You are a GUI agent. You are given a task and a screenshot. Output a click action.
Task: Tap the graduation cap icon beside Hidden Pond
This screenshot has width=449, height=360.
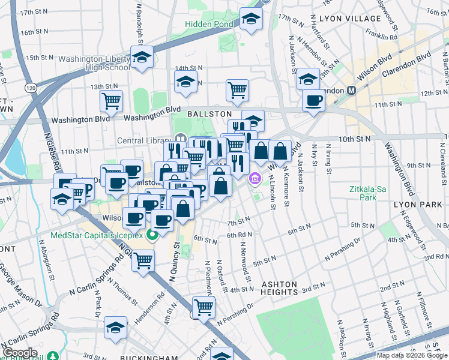(251, 19)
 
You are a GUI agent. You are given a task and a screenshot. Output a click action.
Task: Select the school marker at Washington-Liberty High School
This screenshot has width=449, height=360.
(142, 59)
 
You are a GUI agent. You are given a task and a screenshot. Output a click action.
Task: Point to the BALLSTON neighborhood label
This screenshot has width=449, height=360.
(209, 113)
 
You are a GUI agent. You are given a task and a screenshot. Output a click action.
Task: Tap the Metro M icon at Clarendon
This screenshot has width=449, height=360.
(352, 90)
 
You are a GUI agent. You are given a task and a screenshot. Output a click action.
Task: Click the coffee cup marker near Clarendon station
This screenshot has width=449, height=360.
(313, 101)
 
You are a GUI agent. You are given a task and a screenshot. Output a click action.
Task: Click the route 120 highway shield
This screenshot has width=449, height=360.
(29, 88)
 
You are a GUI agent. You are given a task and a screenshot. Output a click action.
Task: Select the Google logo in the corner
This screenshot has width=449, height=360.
(21, 353)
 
